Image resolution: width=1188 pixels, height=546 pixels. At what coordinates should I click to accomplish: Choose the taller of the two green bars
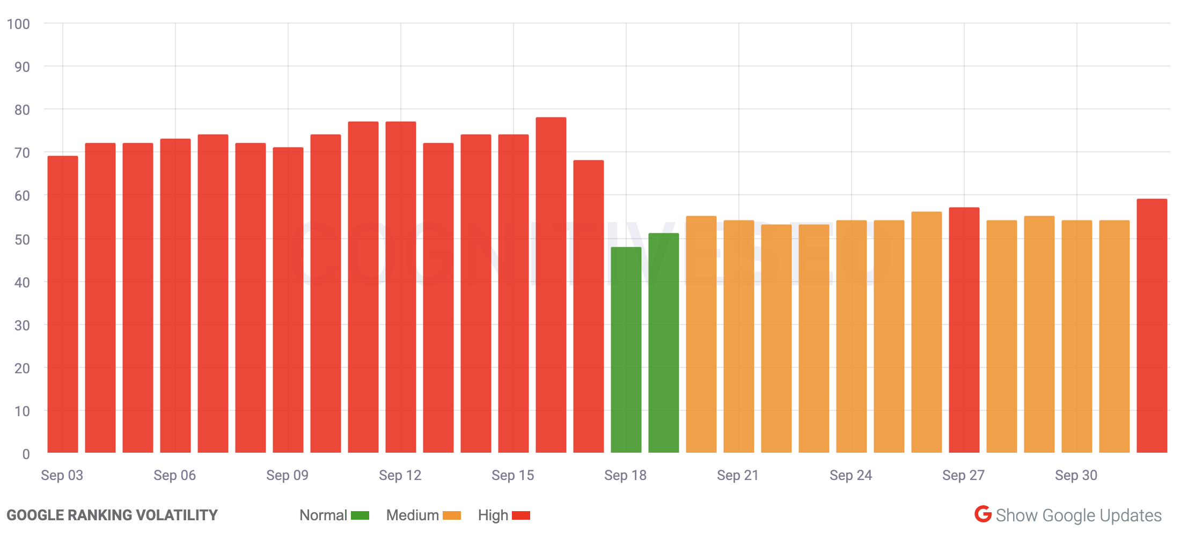664,343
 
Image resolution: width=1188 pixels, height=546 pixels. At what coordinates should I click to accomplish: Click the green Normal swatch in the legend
360,515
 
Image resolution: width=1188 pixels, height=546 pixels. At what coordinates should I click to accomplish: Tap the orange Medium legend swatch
452,515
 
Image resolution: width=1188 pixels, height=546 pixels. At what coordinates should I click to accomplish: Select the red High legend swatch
521,515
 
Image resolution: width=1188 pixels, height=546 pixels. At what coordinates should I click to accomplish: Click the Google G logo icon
983,514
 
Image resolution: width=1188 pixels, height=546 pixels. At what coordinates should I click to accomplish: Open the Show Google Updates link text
1079,515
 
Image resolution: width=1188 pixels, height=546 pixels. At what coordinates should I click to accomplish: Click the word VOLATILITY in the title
177,515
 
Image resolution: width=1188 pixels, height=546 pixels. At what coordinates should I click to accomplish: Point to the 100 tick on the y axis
18,24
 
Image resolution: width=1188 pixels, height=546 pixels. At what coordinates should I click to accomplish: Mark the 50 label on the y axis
22,239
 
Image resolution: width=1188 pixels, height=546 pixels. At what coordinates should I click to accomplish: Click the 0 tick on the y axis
26,454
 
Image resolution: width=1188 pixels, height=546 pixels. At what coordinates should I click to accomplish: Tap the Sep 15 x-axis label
513,475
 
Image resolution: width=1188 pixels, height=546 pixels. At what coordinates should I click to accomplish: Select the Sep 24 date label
851,475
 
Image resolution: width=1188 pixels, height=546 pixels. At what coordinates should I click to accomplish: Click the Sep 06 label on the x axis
175,475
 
